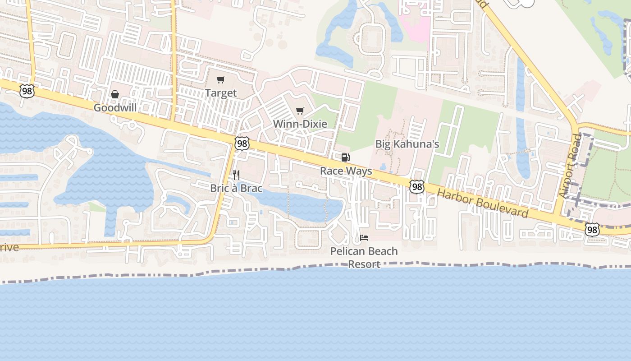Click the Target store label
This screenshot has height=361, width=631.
pyautogui.click(x=220, y=93)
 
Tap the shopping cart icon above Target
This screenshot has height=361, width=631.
pyautogui.click(x=220, y=80)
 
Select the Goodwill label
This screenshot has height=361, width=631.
pyautogui.click(x=115, y=108)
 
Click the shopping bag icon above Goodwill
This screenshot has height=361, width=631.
pyautogui.click(x=115, y=94)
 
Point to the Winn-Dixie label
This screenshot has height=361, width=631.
pyautogui.click(x=300, y=124)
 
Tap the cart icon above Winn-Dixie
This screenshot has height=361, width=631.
pyautogui.click(x=300, y=111)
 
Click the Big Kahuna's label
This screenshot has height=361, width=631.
pyautogui.click(x=407, y=144)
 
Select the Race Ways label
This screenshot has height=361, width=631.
pyautogui.click(x=346, y=171)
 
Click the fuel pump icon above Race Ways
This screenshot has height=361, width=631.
pyautogui.click(x=345, y=157)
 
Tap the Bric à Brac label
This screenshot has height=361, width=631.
pyautogui.click(x=236, y=188)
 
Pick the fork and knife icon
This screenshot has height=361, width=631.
pyautogui.click(x=236, y=175)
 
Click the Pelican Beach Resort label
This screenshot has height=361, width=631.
pyautogui.click(x=364, y=257)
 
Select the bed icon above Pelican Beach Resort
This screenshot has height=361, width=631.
pyautogui.click(x=364, y=237)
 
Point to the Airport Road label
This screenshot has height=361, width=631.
pyautogui.click(x=571, y=166)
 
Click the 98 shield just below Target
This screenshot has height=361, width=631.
pyautogui.click(x=242, y=143)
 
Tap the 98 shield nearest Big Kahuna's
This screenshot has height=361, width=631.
pyautogui.click(x=417, y=186)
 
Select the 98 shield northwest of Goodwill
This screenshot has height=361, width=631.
pyautogui.click(x=27, y=91)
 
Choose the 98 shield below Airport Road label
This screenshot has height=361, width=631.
pyautogui.click(x=592, y=230)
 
